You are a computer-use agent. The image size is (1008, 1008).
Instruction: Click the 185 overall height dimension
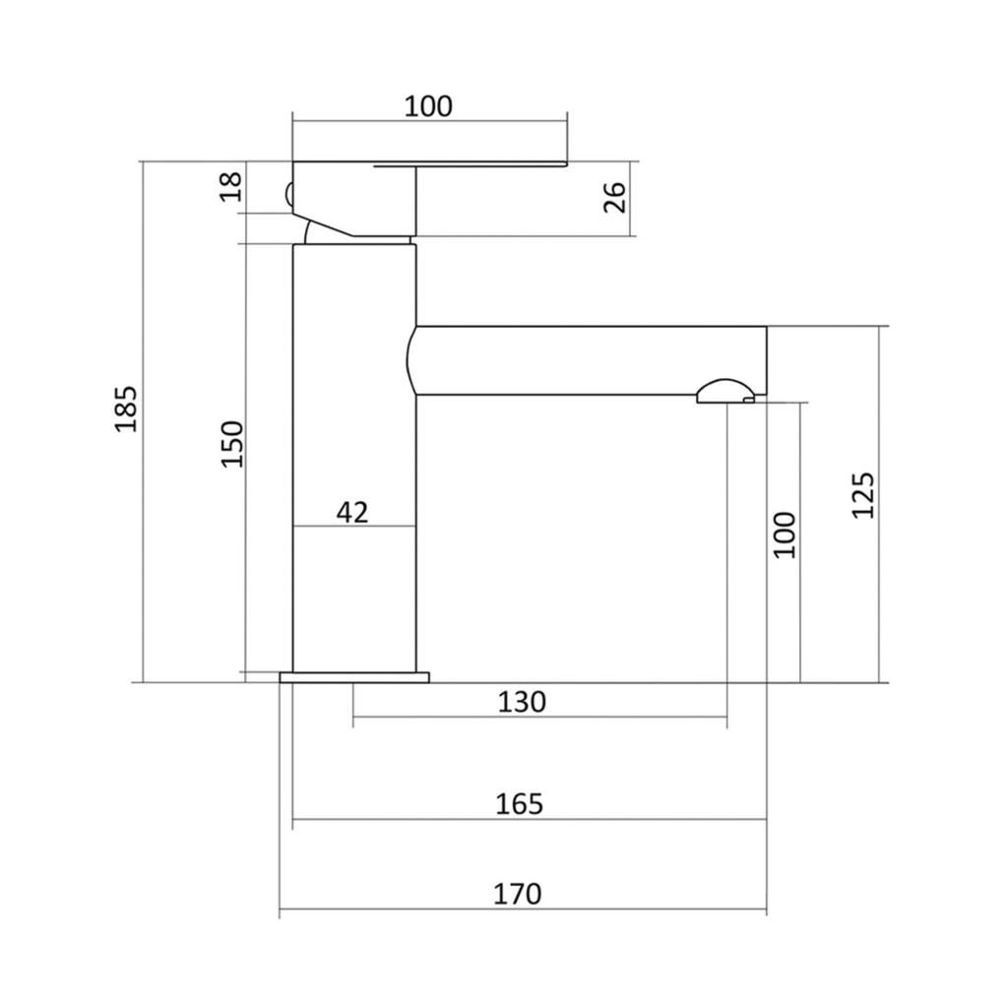pos(126,409)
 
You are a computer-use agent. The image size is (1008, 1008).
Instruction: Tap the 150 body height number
pos(232,444)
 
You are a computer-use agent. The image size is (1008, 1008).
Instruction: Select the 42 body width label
pos(352,512)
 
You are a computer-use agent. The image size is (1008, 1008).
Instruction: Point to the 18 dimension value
pos(230,186)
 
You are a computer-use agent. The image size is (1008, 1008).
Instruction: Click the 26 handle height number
pos(614,197)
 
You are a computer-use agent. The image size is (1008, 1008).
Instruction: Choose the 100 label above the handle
pos(428,106)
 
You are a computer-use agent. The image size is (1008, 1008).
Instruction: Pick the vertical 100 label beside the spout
pos(785,535)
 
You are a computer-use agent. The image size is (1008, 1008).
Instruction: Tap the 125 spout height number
pos(862,495)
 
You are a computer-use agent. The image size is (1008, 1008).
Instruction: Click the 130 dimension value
pos(522,702)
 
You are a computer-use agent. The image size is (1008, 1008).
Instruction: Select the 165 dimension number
pos(520,804)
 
